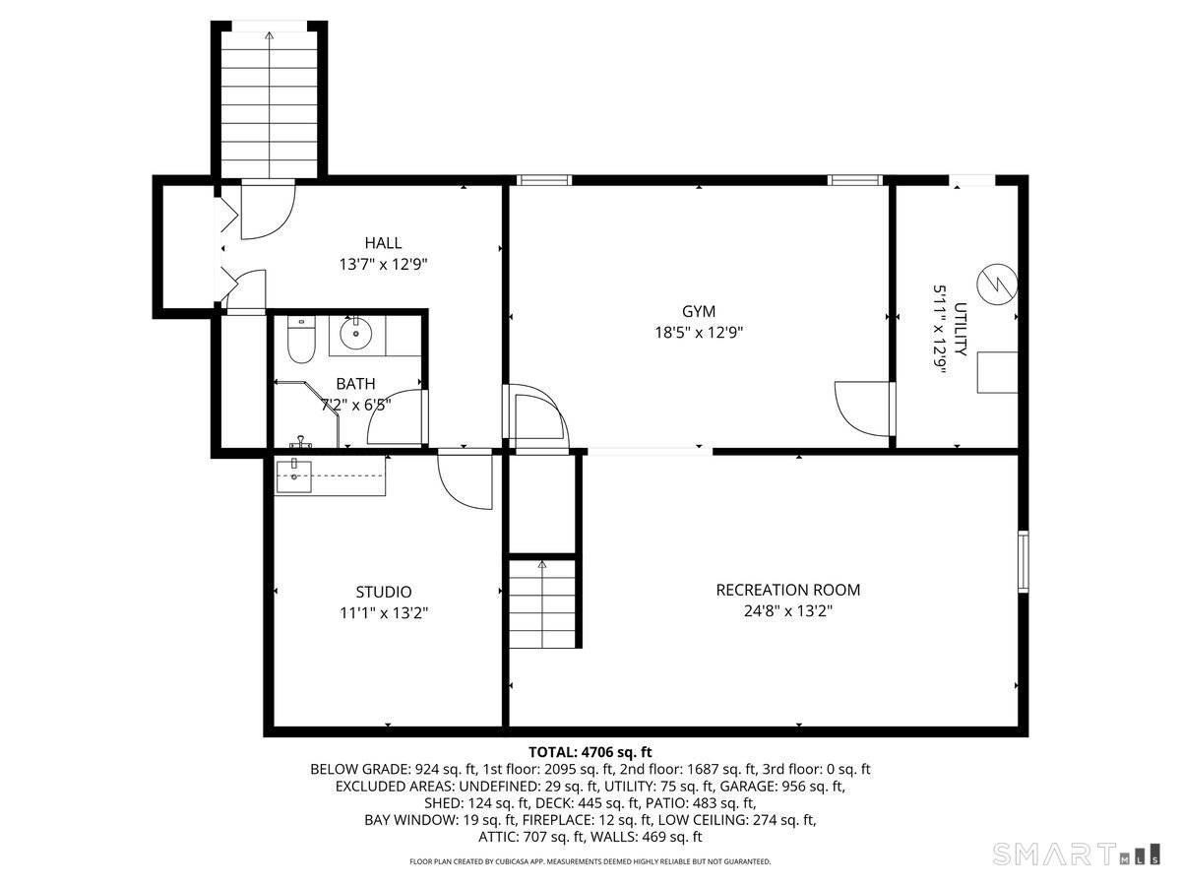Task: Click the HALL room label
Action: pos(383,243)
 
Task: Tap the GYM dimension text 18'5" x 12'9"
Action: pos(699,333)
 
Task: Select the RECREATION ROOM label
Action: pos(787,590)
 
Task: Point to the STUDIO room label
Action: pos(383,592)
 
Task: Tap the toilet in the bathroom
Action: pos(298,339)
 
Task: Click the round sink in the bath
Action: pos(354,334)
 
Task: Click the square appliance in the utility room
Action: pos(997,372)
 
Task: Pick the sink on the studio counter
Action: pos(295,475)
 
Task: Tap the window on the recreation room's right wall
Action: pos(1024,562)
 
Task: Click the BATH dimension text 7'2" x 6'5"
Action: pos(355,404)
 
